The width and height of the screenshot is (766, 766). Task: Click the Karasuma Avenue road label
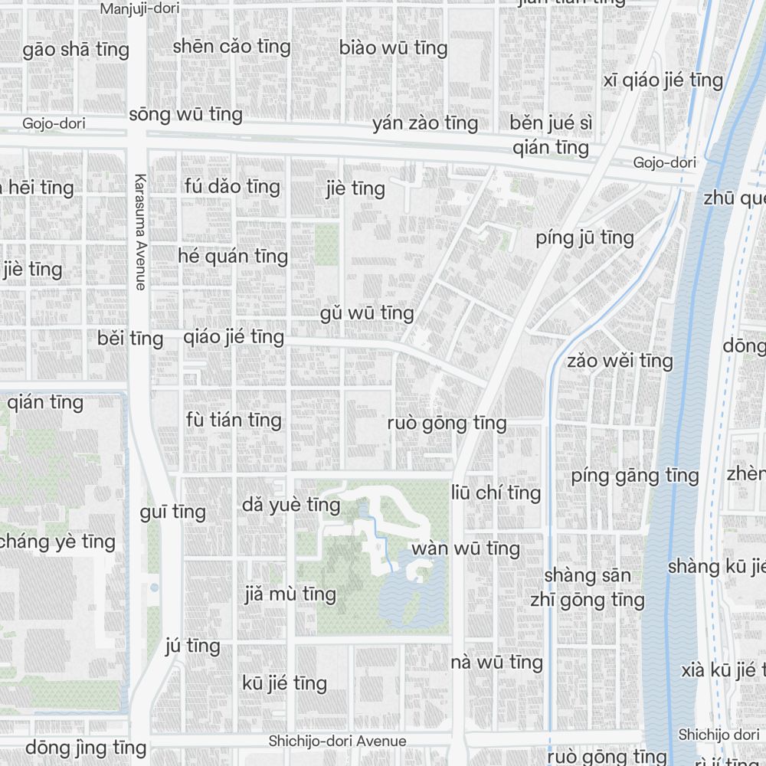click(139, 232)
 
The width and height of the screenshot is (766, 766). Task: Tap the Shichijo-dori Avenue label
click(337, 741)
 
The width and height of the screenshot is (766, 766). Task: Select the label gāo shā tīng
click(76, 51)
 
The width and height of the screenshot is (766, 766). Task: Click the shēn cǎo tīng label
click(231, 47)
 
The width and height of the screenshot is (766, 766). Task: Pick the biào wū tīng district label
click(393, 47)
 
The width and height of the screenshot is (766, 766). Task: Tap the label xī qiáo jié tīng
click(663, 80)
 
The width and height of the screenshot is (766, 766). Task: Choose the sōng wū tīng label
click(185, 115)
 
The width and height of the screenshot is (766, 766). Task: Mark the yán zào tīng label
click(425, 123)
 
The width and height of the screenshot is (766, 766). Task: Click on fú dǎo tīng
click(232, 186)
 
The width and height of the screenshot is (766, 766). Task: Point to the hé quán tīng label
click(233, 256)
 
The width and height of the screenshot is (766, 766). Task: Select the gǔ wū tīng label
click(367, 313)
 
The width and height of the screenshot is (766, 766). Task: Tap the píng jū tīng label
click(584, 237)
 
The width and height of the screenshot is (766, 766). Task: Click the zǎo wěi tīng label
click(620, 361)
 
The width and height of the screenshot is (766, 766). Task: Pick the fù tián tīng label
click(234, 420)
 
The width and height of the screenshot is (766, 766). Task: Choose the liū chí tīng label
click(496, 493)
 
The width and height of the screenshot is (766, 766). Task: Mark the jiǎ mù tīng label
click(290, 594)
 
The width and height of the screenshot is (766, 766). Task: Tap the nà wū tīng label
click(496, 663)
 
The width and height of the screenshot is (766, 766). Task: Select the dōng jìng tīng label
click(86, 748)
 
